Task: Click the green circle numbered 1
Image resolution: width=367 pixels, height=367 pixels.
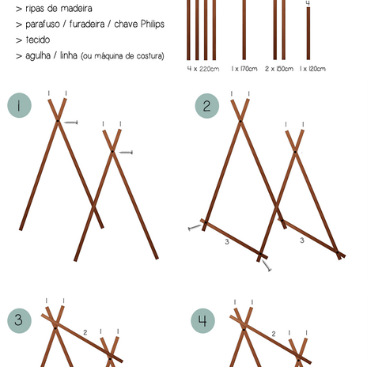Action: click(19, 105)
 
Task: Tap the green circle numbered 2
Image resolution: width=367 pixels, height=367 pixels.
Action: click(207, 106)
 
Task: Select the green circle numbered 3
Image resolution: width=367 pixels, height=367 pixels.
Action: click(19, 320)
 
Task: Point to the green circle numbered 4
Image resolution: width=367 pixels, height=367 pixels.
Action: click(202, 320)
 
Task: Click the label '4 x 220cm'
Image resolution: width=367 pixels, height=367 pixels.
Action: click(203, 69)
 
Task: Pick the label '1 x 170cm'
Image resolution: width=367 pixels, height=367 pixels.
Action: click(244, 69)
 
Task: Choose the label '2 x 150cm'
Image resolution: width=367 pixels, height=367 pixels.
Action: click(279, 69)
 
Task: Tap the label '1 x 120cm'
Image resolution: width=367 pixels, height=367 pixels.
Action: click(312, 69)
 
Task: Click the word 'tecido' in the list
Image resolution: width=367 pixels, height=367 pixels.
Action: click(38, 40)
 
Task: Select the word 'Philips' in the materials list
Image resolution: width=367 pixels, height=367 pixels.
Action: click(153, 24)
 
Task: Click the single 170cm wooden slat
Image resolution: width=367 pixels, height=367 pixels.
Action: click(244, 30)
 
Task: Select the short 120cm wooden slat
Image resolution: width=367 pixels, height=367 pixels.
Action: click(308, 33)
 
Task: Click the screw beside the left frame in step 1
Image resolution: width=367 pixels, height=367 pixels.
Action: click(71, 123)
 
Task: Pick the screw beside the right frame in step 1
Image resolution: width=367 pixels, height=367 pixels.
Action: click(126, 152)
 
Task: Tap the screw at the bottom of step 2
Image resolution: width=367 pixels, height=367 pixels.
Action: click(267, 266)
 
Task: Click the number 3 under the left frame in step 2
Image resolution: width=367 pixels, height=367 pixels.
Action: click(227, 242)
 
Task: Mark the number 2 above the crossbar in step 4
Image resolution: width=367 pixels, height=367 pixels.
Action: click(274, 334)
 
